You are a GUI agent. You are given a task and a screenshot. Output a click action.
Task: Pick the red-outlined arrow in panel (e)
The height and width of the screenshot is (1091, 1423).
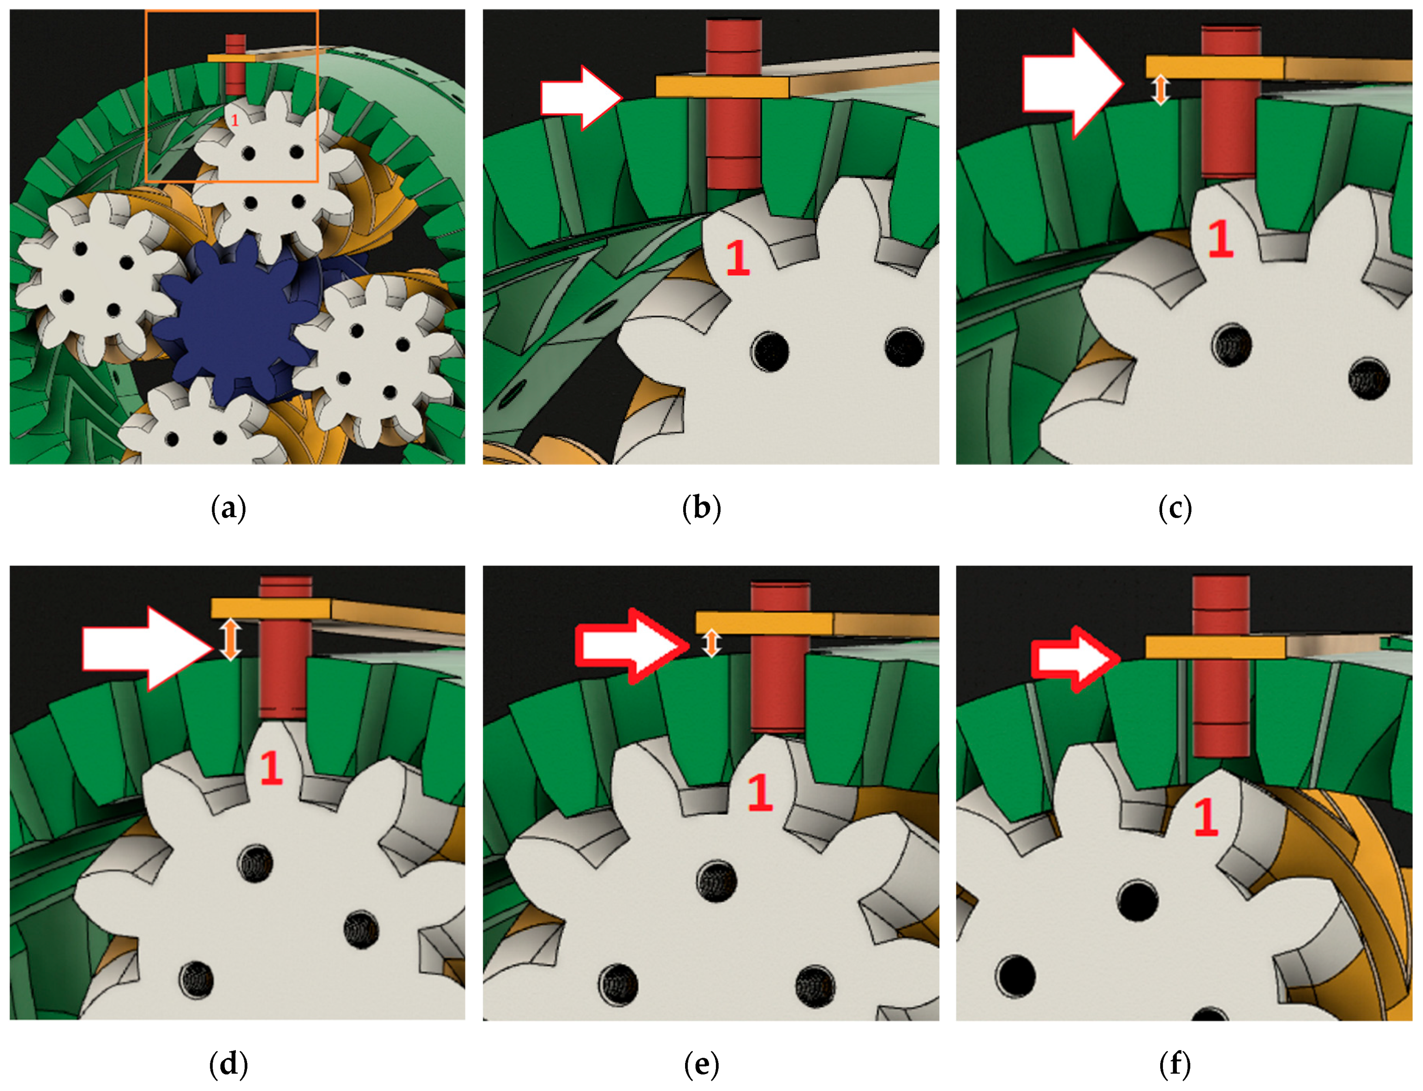coord(632,646)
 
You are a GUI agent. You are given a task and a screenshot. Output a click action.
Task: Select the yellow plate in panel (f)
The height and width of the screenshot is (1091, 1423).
coord(1214,648)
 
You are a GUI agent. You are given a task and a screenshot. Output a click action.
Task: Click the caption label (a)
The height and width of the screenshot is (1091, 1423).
coord(228,508)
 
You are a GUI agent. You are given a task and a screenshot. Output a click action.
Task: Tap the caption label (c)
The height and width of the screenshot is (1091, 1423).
coord(1175,508)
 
